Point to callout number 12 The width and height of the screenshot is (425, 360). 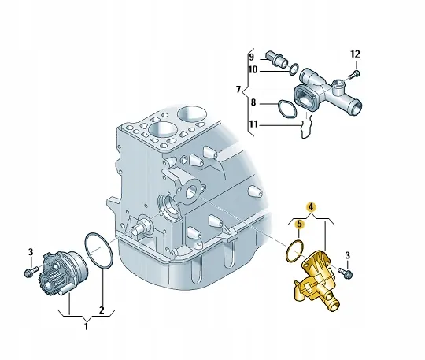click(355, 54)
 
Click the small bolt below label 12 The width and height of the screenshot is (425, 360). click(352, 73)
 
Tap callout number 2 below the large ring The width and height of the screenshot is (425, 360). click(101, 309)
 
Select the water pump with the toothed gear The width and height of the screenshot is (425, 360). click(58, 271)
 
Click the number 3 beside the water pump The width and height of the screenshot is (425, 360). click(29, 252)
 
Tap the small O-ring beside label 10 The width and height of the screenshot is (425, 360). click(293, 69)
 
